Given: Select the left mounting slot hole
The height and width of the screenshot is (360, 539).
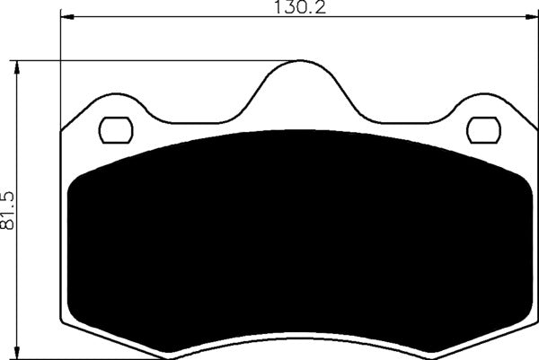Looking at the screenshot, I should (x=114, y=131).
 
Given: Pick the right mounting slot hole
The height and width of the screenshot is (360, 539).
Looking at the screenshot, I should (x=484, y=131).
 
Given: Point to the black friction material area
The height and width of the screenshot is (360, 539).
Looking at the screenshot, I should (x=296, y=233).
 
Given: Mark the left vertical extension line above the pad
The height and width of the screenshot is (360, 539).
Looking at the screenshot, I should (x=60, y=72).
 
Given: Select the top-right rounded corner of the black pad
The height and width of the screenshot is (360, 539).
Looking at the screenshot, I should (x=517, y=180).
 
